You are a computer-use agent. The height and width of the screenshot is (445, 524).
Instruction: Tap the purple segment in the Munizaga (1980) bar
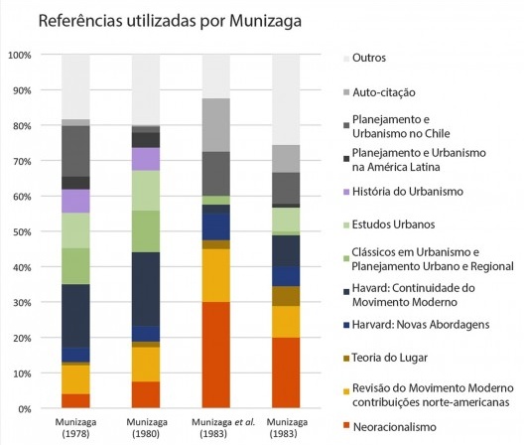click(146, 159)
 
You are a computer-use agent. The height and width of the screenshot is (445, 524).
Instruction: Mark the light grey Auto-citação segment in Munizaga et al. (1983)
click(216, 125)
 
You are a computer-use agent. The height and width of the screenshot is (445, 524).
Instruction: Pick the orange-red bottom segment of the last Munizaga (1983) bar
click(287, 372)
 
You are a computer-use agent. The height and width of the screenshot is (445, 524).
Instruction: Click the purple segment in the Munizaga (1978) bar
click(75, 201)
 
